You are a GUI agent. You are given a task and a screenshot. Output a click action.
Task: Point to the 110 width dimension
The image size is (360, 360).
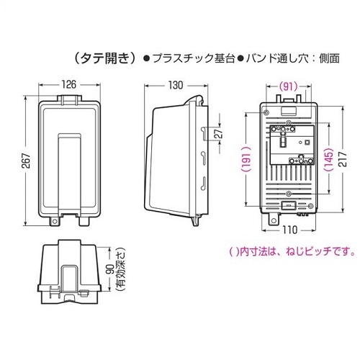289,230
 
